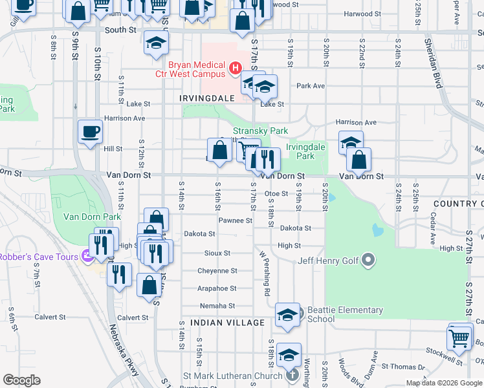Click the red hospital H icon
point(236,67)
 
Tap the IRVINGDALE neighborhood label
point(205,98)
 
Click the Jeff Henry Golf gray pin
point(369,261)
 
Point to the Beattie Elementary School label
point(321,314)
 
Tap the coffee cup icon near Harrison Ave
point(90,131)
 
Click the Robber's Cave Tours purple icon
point(85,257)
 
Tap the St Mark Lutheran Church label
point(233,375)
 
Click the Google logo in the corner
point(21,380)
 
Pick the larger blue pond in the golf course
point(377,229)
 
